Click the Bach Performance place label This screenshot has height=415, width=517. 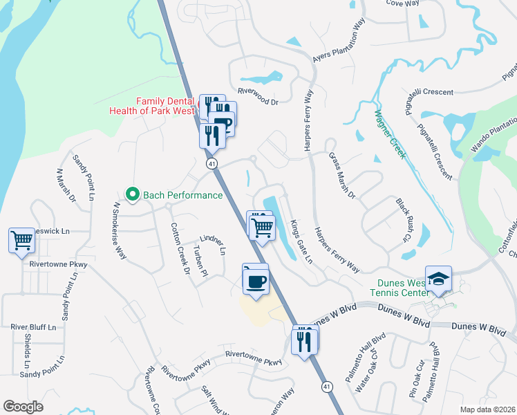(182, 195)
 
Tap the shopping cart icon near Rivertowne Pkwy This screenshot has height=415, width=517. (21, 241)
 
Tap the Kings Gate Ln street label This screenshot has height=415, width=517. (301, 241)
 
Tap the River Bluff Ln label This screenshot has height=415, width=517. (33, 326)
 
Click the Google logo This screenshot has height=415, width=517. (23, 407)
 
